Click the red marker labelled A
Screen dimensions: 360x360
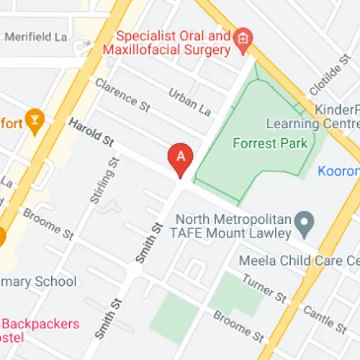point(180,158)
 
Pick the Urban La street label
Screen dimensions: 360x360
point(189,103)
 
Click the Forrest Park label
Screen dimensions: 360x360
point(270,143)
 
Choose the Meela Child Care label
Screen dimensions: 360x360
point(298,260)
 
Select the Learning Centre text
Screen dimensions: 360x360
point(312,123)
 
